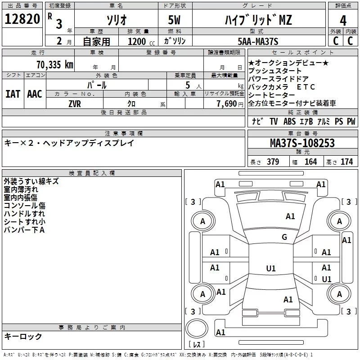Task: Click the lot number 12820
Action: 22,19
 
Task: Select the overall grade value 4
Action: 343,21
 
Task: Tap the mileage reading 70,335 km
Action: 55,65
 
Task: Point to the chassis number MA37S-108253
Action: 302,143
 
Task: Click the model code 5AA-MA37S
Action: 258,41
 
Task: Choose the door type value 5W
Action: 174,20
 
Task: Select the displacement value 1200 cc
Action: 141,41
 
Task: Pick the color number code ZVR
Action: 75,104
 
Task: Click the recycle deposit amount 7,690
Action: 227,104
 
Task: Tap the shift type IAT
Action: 13,94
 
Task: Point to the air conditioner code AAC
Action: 35,94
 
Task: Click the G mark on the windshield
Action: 284,237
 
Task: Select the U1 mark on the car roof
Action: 271,268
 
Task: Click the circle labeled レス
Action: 197,328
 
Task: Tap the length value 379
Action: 273,162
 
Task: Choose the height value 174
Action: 346,162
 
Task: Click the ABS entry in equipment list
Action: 289,121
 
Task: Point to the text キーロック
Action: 23,336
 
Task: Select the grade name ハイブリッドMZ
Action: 258,20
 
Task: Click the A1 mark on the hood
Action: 290,216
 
